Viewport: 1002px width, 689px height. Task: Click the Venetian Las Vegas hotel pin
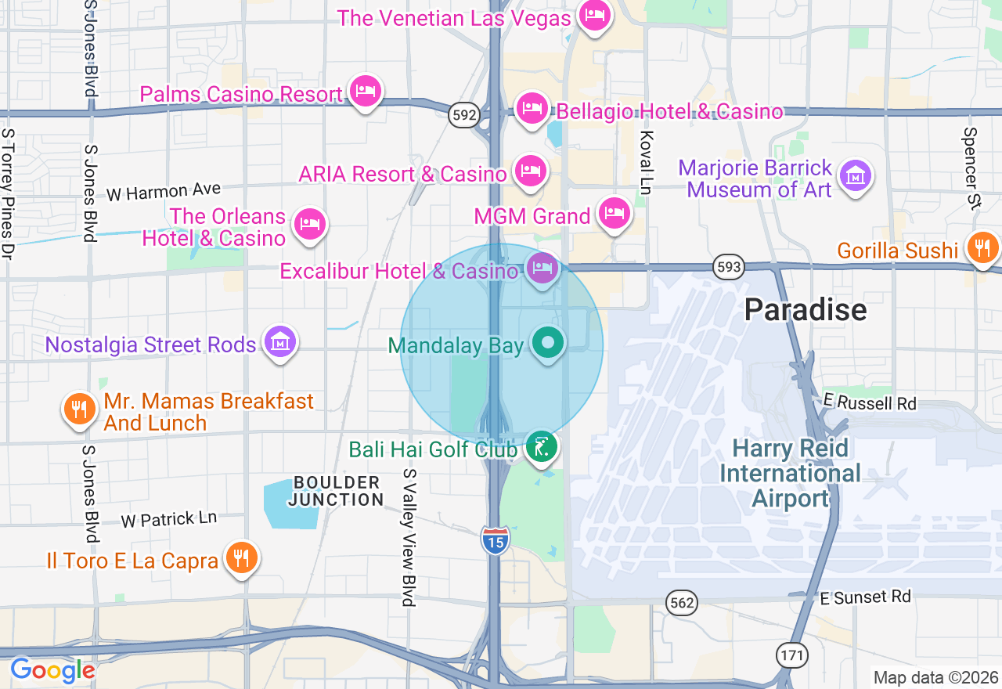click(594, 16)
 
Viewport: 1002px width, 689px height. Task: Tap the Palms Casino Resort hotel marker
click(365, 92)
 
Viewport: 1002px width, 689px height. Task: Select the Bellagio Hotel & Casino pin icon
click(532, 107)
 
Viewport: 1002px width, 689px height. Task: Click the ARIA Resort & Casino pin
click(530, 171)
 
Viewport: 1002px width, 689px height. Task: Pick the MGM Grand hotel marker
click(615, 214)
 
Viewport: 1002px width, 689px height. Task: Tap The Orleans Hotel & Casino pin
click(310, 225)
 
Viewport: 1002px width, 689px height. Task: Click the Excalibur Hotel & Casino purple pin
click(542, 269)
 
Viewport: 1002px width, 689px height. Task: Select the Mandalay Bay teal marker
click(548, 343)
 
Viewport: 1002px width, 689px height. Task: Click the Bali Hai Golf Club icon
click(541, 447)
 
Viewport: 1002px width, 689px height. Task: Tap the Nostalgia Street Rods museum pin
click(279, 342)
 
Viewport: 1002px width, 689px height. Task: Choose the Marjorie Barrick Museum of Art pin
click(855, 176)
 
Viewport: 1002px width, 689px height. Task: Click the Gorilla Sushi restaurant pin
click(981, 248)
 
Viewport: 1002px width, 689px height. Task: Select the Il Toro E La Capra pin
click(242, 558)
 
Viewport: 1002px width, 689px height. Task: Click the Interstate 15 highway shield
click(495, 541)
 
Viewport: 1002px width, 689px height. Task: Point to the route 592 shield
click(463, 116)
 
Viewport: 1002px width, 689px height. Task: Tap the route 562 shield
click(681, 603)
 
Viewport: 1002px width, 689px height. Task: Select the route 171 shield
click(792, 655)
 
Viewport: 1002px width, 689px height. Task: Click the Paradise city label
click(805, 310)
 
